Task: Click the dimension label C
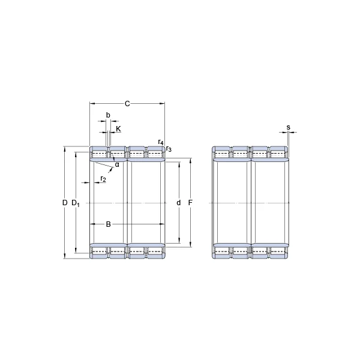point(127,104)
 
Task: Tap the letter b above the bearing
point(108,115)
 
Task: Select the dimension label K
point(118,129)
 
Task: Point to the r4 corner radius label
point(161,142)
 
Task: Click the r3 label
point(169,149)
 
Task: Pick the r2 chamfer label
point(103,179)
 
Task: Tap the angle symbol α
point(117,164)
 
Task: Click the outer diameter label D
point(65,203)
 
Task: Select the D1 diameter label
point(76,203)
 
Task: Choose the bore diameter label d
point(179,203)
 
